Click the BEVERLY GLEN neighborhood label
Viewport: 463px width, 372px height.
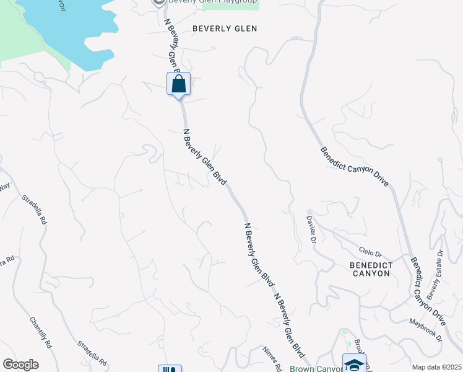[x=224, y=29]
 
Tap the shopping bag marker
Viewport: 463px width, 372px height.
[x=178, y=84]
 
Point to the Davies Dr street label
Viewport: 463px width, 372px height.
[x=312, y=228]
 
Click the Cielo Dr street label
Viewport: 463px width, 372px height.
[x=371, y=252]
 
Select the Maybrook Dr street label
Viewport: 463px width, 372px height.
[x=425, y=329]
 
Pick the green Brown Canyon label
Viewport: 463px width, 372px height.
[x=313, y=368]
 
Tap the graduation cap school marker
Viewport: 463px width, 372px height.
[x=354, y=363]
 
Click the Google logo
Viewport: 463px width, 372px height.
[x=20, y=365]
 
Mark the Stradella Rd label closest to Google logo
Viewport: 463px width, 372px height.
[x=93, y=353]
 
